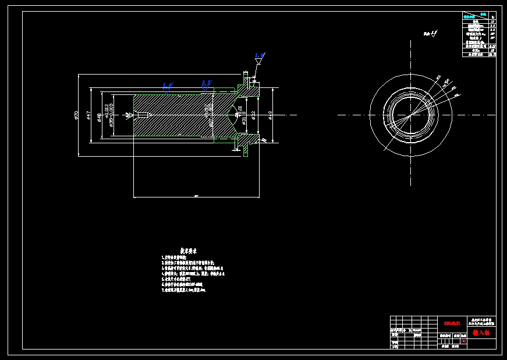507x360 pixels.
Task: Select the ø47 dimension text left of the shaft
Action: (x=88, y=115)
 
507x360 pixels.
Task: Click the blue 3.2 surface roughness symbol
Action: (x=206, y=83)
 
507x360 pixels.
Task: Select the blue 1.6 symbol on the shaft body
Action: (x=167, y=85)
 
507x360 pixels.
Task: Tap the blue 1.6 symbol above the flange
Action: (x=260, y=55)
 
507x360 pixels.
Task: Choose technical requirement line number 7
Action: (x=183, y=289)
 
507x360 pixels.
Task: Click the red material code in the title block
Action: (x=452, y=322)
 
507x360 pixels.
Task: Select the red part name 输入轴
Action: (x=481, y=333)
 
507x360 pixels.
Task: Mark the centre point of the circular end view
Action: (x=410, y=115)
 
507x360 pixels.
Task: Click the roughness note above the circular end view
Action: (x=430, y=34)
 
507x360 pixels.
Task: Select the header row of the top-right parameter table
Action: (x=480, y=16)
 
